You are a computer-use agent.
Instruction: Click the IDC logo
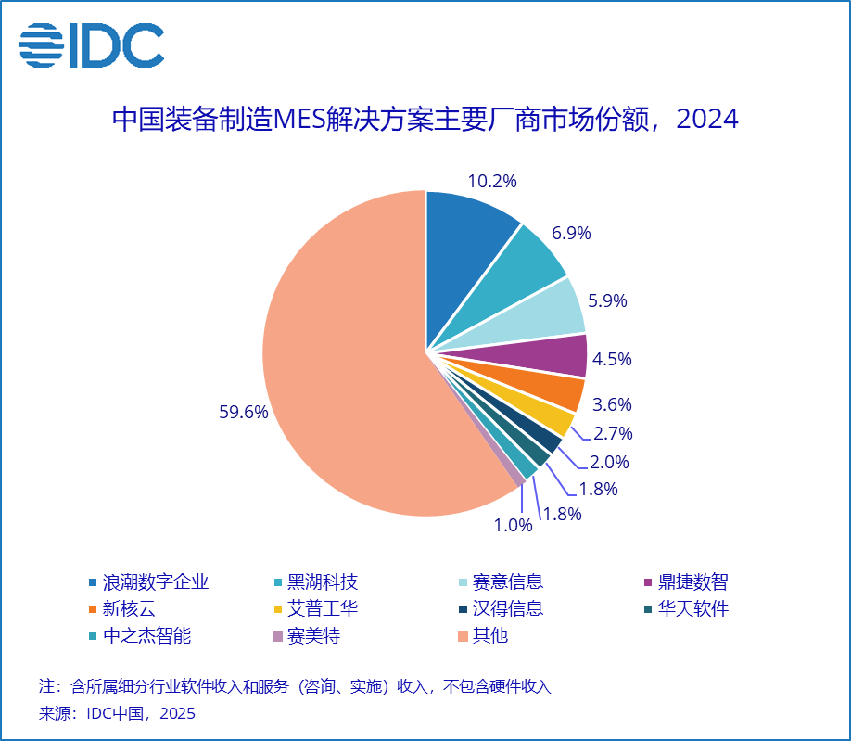coord(91,45)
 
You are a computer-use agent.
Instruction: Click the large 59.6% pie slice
coord(343,371)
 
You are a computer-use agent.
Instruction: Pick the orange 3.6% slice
coord(552,392)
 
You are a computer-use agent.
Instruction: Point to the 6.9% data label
coord(572,234)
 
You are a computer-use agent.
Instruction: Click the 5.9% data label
coord(608,300)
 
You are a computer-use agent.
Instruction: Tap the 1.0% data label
coord(513,526)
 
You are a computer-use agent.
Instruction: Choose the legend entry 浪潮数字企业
coord(155,582)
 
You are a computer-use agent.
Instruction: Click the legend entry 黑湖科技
coord(323,582)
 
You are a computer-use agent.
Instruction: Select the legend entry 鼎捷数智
coord(693,582)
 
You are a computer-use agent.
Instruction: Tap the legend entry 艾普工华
coord(323,609)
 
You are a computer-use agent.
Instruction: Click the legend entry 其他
coord(490,636)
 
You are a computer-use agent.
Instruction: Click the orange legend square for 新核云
coord(93,610)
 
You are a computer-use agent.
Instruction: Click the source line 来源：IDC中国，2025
coord(117,714)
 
